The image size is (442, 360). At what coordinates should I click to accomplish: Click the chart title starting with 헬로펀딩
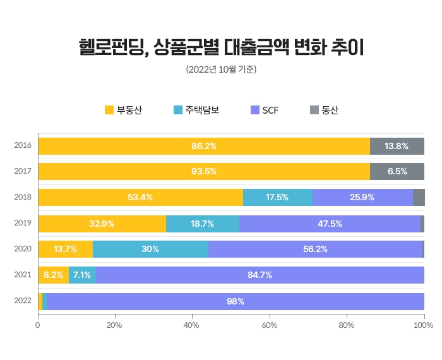221,47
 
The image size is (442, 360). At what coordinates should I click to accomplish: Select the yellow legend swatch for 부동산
109,110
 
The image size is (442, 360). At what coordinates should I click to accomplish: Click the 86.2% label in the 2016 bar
204,146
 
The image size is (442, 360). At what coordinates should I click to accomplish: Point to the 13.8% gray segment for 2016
397,146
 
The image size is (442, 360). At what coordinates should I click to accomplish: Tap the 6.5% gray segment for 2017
397,172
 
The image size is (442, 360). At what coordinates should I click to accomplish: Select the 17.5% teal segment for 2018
277,198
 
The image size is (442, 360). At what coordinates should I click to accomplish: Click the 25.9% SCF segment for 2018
362,198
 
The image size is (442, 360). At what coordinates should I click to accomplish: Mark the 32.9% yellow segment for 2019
102,224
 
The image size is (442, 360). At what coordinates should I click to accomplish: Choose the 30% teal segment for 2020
150,249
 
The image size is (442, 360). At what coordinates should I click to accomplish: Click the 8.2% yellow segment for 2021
53,275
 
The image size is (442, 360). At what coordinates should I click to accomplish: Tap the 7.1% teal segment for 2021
82,275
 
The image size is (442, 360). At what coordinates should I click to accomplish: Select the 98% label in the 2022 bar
236,301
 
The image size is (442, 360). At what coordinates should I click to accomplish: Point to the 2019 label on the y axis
23,224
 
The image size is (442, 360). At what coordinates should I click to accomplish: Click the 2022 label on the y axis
23,301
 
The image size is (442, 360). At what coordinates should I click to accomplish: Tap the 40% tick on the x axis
192,325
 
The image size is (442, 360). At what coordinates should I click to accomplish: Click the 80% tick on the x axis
346,325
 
